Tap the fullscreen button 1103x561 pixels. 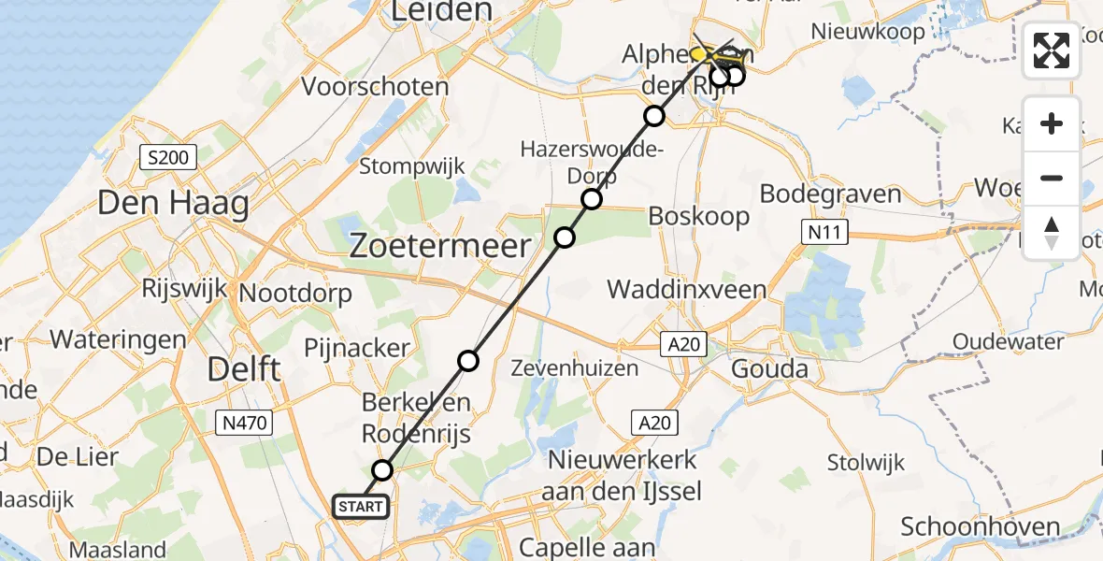(1052, 50)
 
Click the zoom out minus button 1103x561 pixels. (1052, 178)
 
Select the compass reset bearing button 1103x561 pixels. (1052, 233)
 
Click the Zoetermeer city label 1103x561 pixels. (439, 246)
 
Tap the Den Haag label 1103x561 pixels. (173, 203)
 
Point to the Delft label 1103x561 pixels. (242, 368)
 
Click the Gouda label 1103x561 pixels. (769, 368)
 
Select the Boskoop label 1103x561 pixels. (700, 217)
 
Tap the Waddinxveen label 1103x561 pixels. (687, 290)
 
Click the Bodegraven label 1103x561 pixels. (830, 194)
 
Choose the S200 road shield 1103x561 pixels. (168, 158)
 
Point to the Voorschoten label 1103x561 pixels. (375, 87)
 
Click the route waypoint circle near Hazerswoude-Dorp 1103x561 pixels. (591, 199)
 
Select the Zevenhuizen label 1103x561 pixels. (575, 368)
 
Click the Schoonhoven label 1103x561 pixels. (981, 526)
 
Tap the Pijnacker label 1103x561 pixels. (357, 349)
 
